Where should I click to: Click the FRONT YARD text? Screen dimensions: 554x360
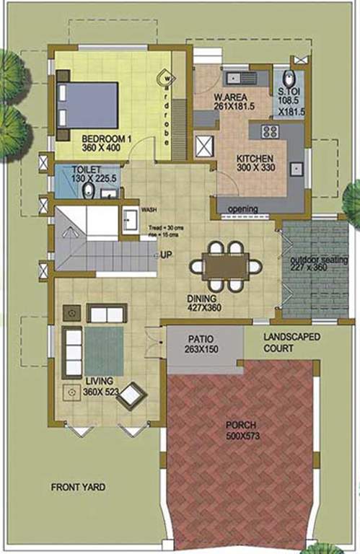78,488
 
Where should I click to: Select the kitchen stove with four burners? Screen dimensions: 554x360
271,131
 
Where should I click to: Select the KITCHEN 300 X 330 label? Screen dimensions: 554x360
255,162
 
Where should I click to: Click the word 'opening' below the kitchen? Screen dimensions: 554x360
243,209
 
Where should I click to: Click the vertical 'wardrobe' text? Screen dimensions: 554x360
166,108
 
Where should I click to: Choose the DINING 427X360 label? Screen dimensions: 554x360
203,303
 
